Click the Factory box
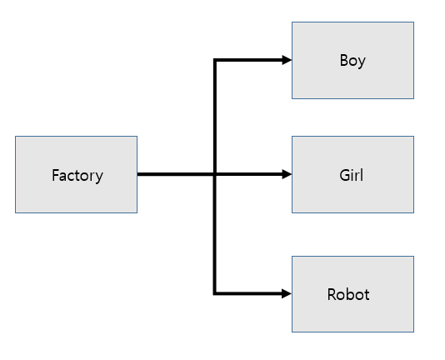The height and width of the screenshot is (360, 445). point(77,175)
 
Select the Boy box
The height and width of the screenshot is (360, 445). point(352,61)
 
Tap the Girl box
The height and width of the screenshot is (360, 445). point(352,175)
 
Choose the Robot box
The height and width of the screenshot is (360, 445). point(352,294)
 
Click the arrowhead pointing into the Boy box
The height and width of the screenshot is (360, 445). point(287,60)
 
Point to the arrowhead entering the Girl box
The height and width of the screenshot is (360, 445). point(287,174)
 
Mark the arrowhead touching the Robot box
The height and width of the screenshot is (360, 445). point(287,293)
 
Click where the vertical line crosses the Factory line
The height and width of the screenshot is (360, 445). point(215,174)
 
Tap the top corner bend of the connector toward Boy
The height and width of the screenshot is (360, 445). point(215,60)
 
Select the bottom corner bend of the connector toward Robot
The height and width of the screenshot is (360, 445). point(215,293)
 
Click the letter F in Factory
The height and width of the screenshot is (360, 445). point(55,175)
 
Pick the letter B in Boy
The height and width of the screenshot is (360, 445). point(343,60)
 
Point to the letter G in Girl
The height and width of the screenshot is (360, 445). point(344,175)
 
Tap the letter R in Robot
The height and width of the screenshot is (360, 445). point(332,294)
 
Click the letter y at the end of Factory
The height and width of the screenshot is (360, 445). point(99,177)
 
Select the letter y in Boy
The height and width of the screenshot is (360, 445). point(362,62)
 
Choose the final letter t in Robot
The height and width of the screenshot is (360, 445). point(367,295)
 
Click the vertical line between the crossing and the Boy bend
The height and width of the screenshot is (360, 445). point(215,117)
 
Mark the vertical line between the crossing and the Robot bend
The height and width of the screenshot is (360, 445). point(215,233)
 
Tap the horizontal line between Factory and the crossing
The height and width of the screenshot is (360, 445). point(175,174)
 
